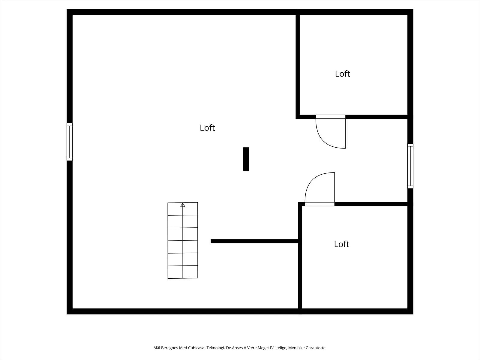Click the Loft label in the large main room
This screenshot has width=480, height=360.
[207, 128]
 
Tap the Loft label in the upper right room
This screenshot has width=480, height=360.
[343, 74]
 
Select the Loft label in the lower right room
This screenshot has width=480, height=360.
[342, 244]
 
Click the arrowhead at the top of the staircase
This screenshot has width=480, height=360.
[183, 205]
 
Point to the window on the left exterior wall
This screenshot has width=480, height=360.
[70, 142]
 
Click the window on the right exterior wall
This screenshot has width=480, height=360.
[410, 166]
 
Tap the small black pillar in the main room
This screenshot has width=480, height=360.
[246, 159]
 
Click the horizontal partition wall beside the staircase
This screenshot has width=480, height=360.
[254, 241]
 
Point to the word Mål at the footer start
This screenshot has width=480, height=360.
[157, 348]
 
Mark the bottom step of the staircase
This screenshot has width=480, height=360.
[183, 272]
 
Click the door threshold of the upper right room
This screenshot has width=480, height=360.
[331, 117]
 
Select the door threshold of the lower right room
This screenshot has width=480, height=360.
[320, 204]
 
